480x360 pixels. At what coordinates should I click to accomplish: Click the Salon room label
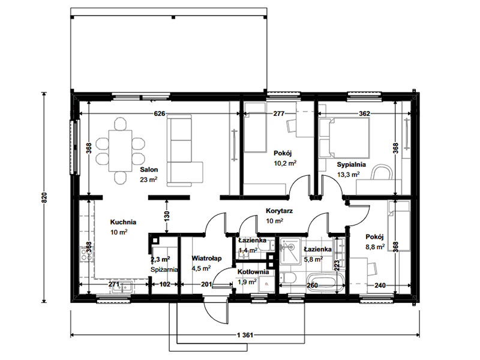point(149,170)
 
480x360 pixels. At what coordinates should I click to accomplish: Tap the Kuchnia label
point(123,222)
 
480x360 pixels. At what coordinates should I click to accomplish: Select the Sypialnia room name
point(352,164)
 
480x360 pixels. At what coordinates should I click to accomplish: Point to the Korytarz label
point(279,211)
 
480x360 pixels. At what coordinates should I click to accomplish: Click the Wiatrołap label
point(206,259)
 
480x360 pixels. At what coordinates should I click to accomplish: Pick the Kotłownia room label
point(253,272)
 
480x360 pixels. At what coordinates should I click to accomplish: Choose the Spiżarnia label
point(164,269)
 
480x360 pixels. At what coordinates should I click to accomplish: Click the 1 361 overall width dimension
point(245,335)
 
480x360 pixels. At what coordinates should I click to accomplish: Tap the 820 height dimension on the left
point(44,198)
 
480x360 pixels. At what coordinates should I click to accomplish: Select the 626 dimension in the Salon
point(160,114)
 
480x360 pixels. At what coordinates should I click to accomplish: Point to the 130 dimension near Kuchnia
point(167,217)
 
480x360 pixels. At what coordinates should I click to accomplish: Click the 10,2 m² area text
point(285,163)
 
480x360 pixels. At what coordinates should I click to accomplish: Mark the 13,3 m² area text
point(349,175)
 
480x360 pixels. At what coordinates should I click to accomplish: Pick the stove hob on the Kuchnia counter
point(86,254)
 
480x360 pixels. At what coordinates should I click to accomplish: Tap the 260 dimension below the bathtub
point(312,286)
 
